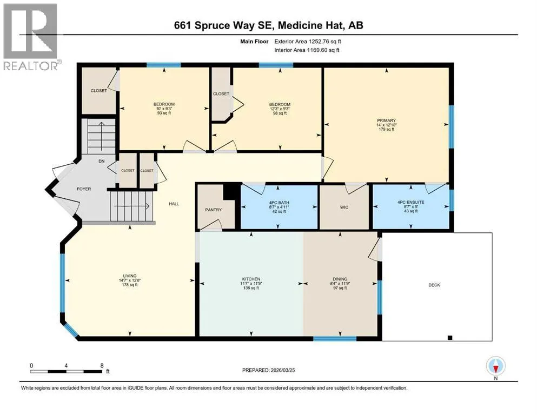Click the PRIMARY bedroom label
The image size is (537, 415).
tap(386, 121)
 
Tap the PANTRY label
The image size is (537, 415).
tap(214, 210)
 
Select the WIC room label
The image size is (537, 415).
tap(344, 207)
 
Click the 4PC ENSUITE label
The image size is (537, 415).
tap(410, 202)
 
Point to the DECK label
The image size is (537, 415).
tap(434, 285)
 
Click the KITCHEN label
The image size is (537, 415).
tap(251, 279)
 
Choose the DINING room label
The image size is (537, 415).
tap(340, 279)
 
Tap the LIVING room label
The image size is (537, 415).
tap(130, 276)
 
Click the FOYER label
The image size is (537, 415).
tap(84, 189)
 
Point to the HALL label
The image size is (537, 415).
tap(174, 204)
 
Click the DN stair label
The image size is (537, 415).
tap(101, 161)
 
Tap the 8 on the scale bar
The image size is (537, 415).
tap(102, 365)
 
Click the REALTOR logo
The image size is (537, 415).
tap(31, 37)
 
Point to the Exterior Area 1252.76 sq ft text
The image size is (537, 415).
tap(308, 42)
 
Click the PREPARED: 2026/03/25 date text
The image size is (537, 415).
tap(268, 370)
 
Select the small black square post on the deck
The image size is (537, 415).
tap(450, 338)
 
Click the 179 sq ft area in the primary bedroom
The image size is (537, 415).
tap(386, 129)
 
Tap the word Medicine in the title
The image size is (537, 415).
tap(300, 25)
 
